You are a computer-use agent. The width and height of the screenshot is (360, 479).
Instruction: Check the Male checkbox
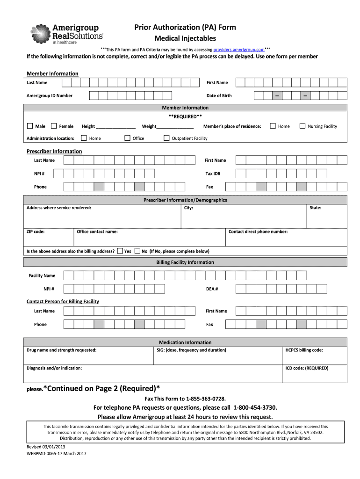pyautogui.click(x=30, y=126)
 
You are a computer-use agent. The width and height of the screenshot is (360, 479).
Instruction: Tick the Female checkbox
pyautogui.click(x=54, y=126)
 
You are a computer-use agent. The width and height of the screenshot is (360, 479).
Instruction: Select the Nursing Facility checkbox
pyautogui.click(x=302, y=126)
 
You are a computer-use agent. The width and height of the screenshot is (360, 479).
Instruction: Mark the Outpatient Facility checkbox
pyautogui.click(x=166, y=138)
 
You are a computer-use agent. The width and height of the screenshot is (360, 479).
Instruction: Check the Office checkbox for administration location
pyautogui.click(x=127, y=138)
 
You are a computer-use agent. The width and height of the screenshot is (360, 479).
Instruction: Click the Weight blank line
pyautogui.click(x=175, y=126)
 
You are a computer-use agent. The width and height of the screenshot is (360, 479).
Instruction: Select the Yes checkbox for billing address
pyautogui.click(x=120, y=251)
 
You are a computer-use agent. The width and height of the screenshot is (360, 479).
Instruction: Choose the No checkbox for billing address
pyautogui.click(x=137, y=251)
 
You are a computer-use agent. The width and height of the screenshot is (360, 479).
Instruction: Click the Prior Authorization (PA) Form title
pyautogui.click(x=185, y=27)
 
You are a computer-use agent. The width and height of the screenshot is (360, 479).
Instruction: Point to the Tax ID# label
pyautogui.click(x=213, y=174)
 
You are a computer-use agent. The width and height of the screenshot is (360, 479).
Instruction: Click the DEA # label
pyautogui.click(x=212, y=289)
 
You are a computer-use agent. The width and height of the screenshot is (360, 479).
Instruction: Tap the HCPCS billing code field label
pyautogui.click(x=304, y=350)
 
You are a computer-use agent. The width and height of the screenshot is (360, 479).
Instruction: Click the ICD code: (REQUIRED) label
pyautogui.click(x=307, y=368)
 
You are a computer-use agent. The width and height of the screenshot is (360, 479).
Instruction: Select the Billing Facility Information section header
pyautogui.click(x=185, y=262)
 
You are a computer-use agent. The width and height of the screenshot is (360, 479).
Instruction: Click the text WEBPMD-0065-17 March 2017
pyautogui.click(x=57, y=453)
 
